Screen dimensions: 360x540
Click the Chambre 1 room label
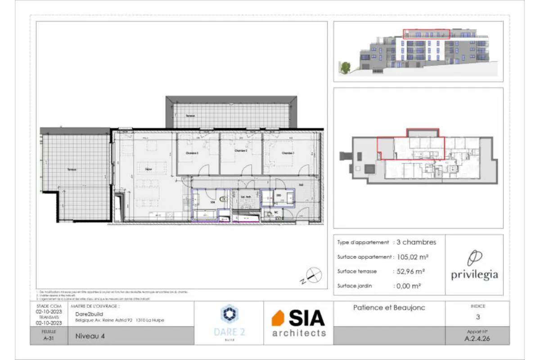288,153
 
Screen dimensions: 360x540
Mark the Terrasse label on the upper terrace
191,116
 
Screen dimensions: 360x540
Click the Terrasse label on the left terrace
72,170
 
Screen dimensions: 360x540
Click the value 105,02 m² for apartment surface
411,257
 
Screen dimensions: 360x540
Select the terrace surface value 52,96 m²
410,271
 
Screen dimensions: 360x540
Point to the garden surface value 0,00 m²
409,286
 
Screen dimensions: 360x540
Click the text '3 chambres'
416,242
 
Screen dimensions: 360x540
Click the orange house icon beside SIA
278,318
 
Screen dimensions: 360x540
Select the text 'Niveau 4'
88,335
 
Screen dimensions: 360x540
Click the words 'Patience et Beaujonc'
389,308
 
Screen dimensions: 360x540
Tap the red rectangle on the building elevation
426,34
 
